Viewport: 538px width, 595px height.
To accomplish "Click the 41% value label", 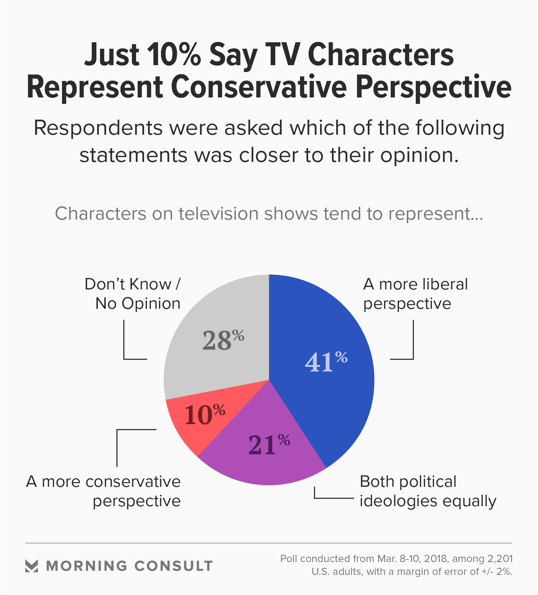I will (x=326, y=361).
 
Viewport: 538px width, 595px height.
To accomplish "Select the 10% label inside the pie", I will (x=205, y=414).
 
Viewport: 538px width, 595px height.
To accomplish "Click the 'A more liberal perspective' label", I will (x=415, y=294).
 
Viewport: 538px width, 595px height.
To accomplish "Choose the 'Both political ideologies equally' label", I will (x=428, y=491).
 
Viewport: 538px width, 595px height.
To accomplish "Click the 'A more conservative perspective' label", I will (x=104, y=491).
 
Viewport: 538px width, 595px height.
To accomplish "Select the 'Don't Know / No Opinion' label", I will (x=133, y=294).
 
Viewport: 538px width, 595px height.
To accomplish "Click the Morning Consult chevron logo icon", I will (x=32, y=566).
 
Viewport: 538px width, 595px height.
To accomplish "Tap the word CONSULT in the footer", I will (x=173, y=566).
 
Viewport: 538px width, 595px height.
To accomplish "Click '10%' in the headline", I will (x=174, y=54).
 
